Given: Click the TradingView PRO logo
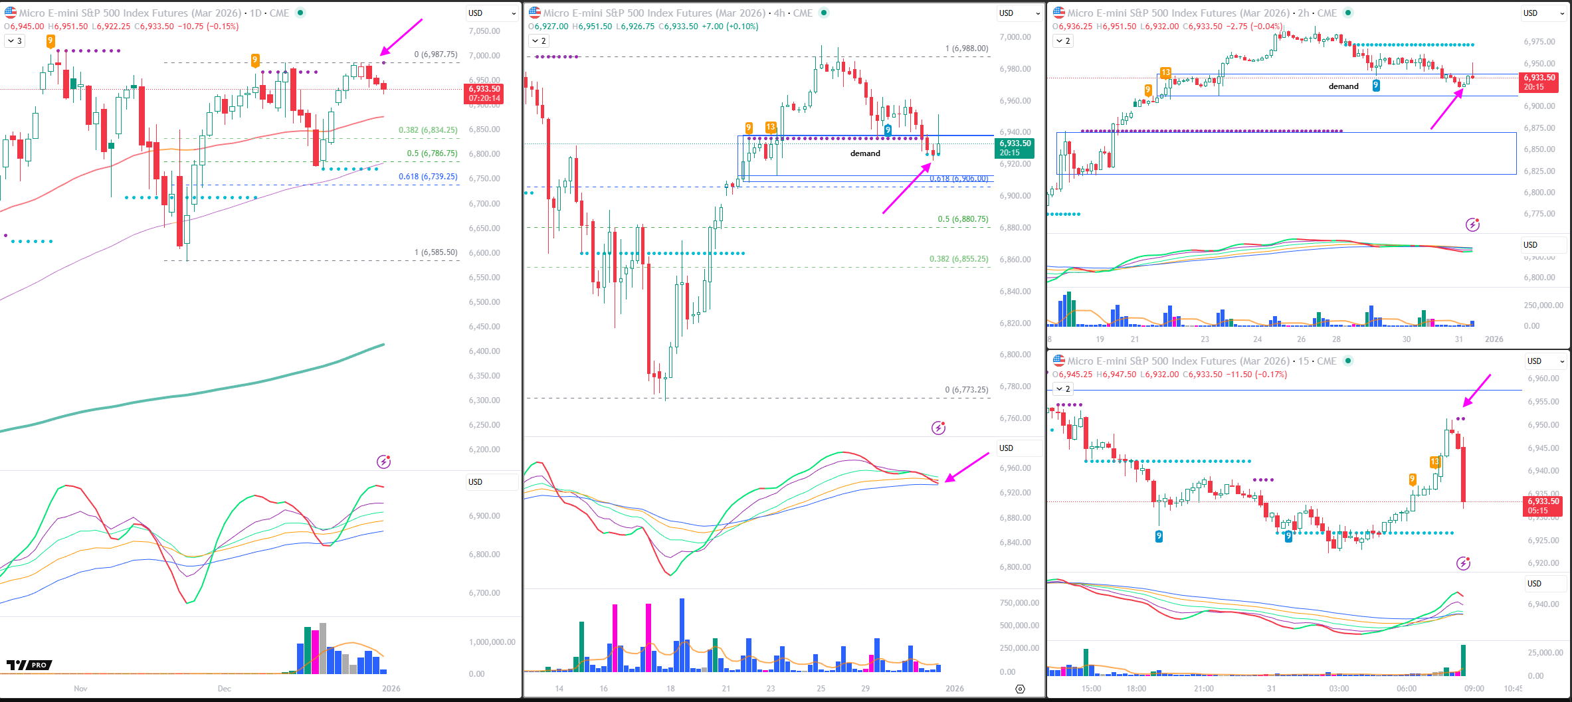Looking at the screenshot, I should (x=29, y=665).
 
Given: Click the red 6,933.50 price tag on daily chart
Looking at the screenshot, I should (x=484, y=94).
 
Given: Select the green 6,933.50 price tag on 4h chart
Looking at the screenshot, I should (x=1015, y=148).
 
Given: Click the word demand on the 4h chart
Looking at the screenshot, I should (x=865, y=153).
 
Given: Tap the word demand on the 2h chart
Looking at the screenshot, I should (x=1343, y=86).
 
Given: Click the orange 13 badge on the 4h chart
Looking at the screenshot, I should (x=771, y=127).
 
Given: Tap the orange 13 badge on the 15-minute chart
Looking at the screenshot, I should (x=1434, y=462).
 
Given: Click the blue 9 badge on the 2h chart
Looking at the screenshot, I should (x=1376, y=85).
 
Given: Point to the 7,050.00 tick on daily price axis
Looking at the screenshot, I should (x=484, y=31).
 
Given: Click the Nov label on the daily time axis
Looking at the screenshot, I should (x=80, y=688).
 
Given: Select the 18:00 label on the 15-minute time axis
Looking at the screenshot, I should (x=1136, y=688).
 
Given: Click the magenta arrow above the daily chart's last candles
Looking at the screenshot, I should (x=401, y=37).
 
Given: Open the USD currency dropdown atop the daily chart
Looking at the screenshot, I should (x=492, y=13).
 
